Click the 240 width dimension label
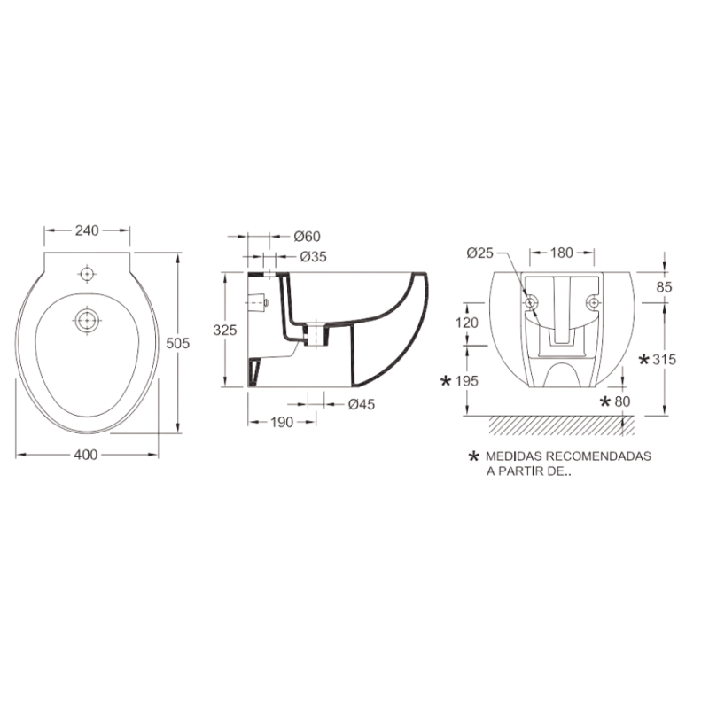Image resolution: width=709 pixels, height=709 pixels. point(87,230)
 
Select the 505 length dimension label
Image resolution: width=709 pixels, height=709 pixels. point(178,343)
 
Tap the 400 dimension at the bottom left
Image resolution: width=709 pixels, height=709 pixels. point(86,455)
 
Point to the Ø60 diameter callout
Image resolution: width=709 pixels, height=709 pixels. point(307,236)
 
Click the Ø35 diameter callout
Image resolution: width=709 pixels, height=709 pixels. point(314,257)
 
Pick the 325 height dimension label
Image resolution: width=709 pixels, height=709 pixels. point(225,330)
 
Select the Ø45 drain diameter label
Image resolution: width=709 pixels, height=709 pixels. point(362,404)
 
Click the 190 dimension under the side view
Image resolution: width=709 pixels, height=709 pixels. point(282,423)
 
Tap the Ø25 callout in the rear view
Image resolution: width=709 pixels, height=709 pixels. point(479,253)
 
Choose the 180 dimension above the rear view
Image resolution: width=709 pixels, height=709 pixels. point(562,253)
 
